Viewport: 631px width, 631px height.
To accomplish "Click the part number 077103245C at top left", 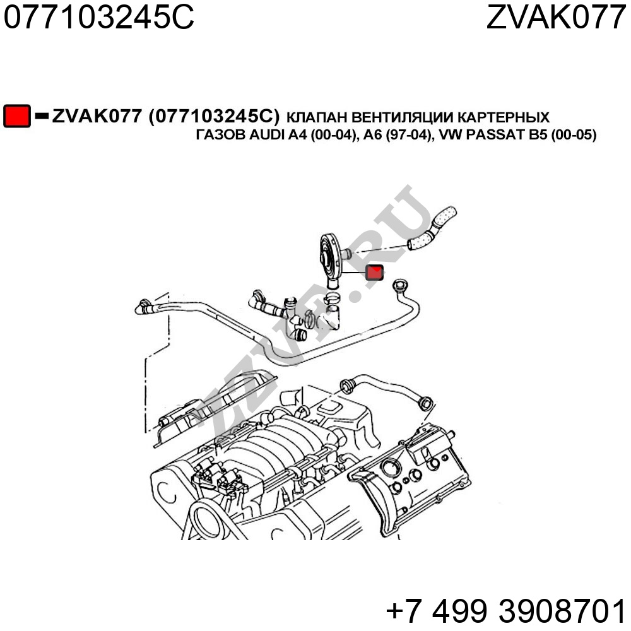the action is click(99, 17).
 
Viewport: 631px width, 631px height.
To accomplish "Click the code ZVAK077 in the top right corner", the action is click(556, 17).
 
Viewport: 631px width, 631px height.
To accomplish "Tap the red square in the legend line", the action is click(17, 116).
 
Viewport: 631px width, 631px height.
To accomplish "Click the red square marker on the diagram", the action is click(374, 273).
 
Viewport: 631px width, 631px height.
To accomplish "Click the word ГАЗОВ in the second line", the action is click(220, 135).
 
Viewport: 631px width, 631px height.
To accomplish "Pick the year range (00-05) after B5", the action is click(574, 135).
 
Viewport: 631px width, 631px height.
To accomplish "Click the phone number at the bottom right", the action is click(506, 611).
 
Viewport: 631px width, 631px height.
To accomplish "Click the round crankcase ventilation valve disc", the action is click(328, 256).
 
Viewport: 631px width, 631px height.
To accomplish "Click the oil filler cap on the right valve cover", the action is click(389, 468).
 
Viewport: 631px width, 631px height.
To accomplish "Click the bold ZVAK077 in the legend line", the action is click(97, 116).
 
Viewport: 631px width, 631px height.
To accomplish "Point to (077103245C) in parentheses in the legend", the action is click(214, 116).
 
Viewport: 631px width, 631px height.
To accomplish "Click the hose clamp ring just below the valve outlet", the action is click(332, 298).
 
